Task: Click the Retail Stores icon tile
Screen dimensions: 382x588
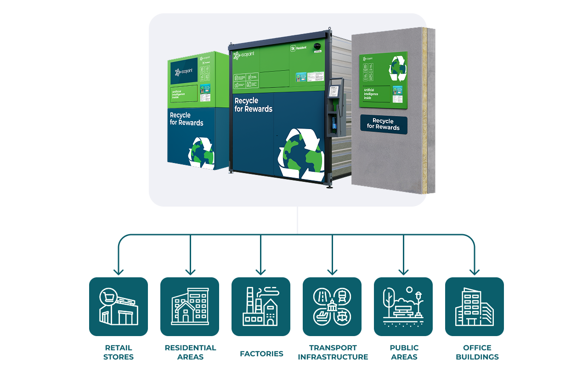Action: point(119,307)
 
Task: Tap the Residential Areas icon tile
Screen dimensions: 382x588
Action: point(190,307)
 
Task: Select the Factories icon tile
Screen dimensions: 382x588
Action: point(261,307)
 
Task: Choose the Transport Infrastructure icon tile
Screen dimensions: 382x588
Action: point(332,307)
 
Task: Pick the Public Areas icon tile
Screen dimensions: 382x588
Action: point(403,307)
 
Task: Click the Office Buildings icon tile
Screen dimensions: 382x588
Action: point(475,307)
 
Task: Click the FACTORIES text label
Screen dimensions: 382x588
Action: point(261,354)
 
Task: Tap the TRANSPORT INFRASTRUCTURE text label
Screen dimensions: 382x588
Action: point(333,352)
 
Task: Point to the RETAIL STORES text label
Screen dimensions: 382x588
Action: point(119,352)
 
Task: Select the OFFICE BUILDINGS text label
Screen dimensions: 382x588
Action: point(477,352)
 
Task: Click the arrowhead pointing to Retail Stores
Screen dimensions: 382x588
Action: point(119,271)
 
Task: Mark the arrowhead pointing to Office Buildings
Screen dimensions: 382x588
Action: point(475,271)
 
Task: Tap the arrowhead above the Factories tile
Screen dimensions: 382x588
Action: point(261,271)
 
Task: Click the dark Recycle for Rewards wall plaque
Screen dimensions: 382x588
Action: point(384,124)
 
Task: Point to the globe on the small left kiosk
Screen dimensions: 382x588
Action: point(201,152)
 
